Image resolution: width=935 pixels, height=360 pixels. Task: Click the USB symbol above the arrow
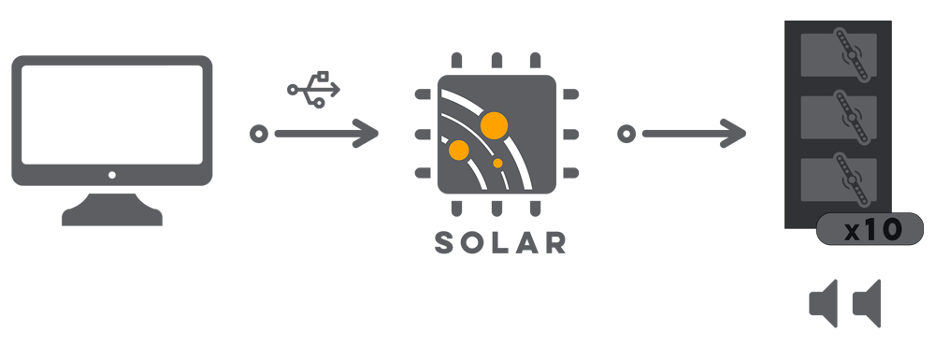tap(313, 90)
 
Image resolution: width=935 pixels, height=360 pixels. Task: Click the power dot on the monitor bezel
tap(112, 175)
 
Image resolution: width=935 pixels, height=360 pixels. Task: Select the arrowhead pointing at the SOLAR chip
tap(366, 134)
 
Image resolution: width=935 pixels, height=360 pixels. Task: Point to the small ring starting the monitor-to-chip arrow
tap(259, 134)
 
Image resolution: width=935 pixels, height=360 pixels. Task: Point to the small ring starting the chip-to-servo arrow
tap(626, 134)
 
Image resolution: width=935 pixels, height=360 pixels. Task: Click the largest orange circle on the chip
tap(494, 125)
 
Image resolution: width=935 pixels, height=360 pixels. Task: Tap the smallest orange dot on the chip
tap(498, 163)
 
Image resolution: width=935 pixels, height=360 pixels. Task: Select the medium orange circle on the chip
tap(458, 150)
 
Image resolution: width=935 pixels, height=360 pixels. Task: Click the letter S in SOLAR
tap(445, 242)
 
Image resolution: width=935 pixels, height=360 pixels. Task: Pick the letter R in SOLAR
tap(554, 242)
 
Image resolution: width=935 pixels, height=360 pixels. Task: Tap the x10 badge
tap(870, 229)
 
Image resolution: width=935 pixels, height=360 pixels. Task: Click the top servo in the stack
tap(839, 55)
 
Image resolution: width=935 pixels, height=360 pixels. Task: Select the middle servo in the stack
tap(839, 118)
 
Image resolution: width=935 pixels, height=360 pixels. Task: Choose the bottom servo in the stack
tap(839, 180)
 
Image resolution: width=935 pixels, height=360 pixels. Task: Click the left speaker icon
tap(824, 303)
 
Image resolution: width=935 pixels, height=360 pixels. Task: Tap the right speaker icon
tap(867, 303)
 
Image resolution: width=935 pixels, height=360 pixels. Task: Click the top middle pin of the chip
tap(496, 60)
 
